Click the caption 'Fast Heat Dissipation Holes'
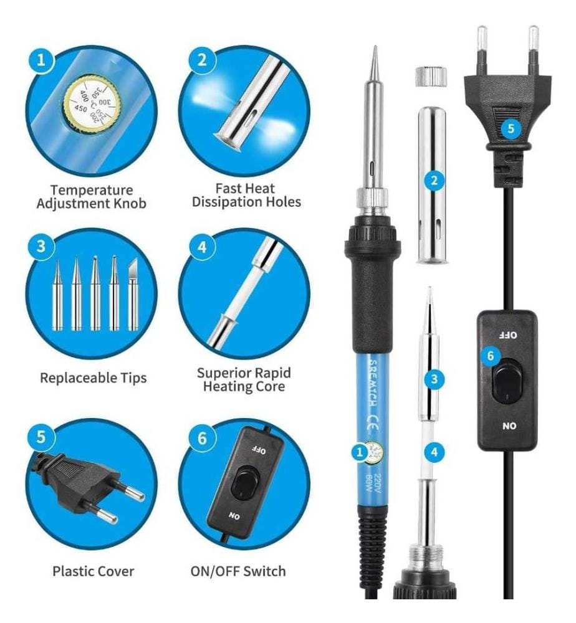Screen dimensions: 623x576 [x=246, y=195]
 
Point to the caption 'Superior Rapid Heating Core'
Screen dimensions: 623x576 [x=244, y=379]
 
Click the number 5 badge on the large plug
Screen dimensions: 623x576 [x=511, y=128]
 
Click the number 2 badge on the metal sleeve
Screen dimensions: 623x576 [x=434, y=181]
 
